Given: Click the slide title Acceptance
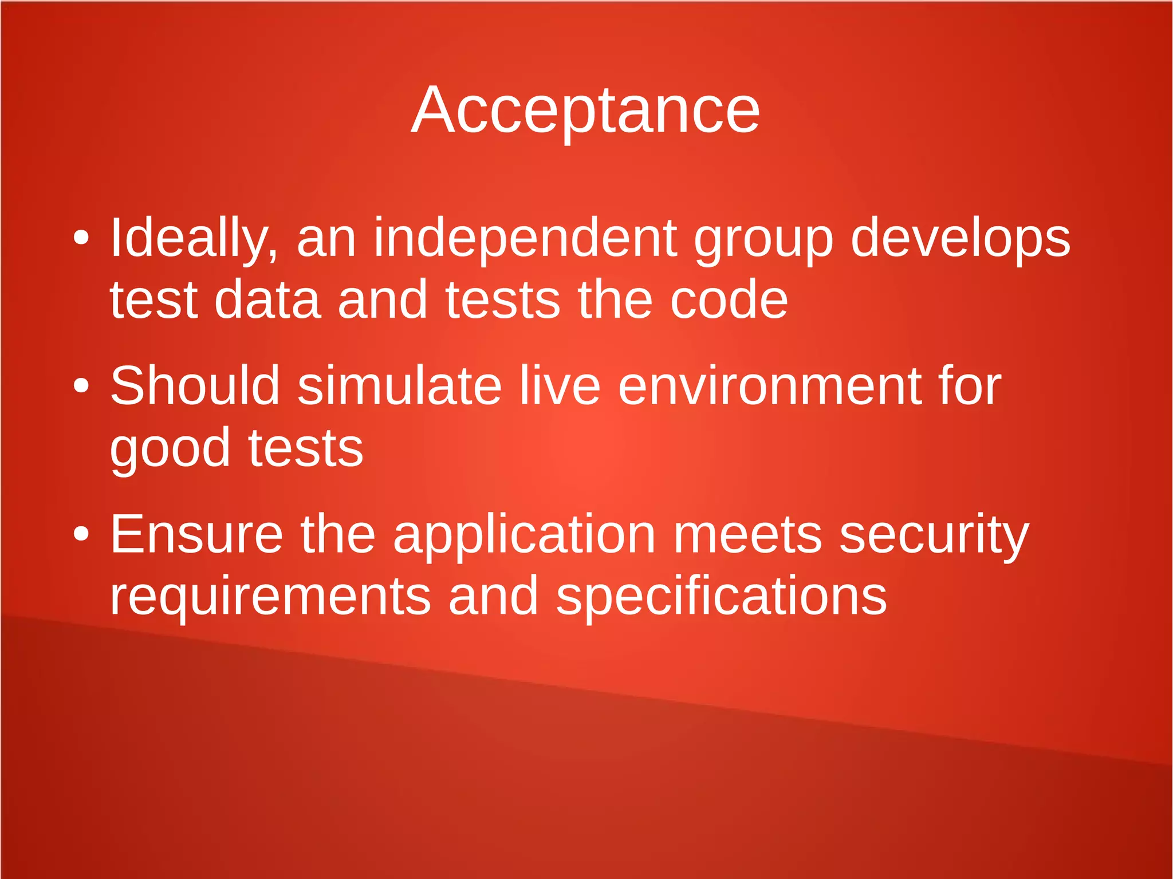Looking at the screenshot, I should tap(585, 110).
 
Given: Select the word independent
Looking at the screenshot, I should tap(525, 238).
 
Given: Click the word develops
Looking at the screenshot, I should tap(961, 238).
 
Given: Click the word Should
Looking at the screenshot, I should tap(195, 386).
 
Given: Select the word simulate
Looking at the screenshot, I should tap(400, 386).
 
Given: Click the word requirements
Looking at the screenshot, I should tap(270, 597).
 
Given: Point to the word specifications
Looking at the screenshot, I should tap(721, 597).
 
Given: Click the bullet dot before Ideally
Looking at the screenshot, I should tap(81, 238).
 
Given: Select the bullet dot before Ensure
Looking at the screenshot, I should tap(81, 534).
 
